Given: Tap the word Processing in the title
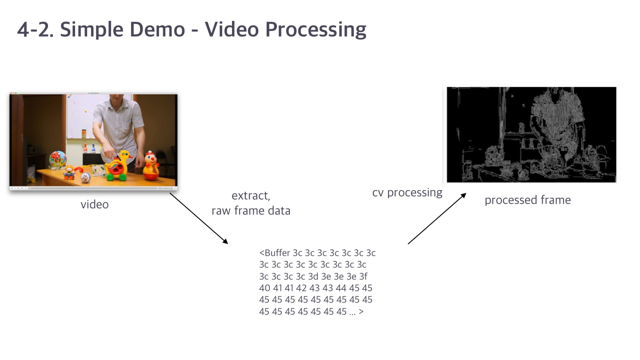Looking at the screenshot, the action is tap(316, 30).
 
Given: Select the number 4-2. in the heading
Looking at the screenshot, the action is tap(35, 29).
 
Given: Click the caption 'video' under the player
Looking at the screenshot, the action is tap(95, 204).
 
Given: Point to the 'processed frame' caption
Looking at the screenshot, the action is tap(528, 200).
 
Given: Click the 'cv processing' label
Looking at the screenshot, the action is tap(407, 192).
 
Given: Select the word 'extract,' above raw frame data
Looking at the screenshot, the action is tap(251, 196).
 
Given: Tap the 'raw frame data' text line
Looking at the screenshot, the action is tap(251, 211).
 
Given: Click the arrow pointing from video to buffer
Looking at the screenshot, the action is tap(199, 219).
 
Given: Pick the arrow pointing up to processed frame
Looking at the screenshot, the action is tap(437, 219).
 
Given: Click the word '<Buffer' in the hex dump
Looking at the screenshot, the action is tap(275, 253).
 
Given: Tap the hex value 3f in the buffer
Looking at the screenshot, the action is tap(363, 276).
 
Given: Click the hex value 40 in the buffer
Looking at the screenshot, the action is tap(264, 288).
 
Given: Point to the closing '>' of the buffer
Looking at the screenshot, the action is tap(361, 312).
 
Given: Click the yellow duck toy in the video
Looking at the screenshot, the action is tap(118, 166).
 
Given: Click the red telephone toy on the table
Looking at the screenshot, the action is tap(79, 169).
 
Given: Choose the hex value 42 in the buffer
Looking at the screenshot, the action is tap(301, 288).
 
